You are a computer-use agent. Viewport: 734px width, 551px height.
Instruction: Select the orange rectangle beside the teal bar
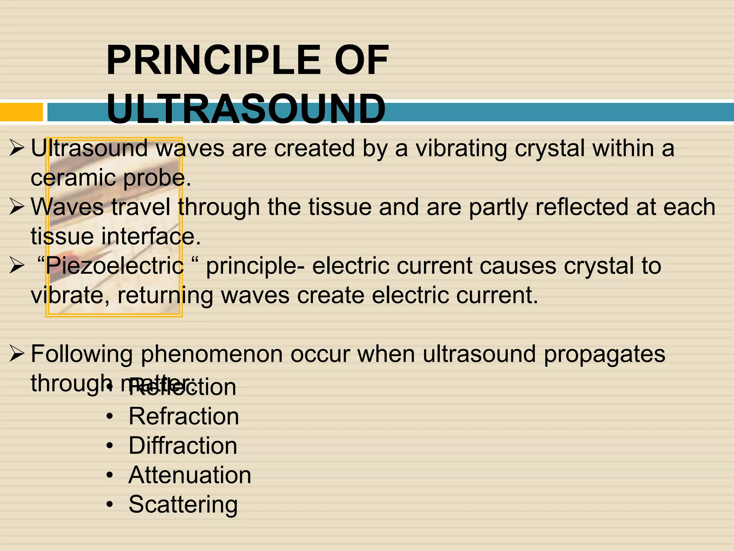pos(21,112)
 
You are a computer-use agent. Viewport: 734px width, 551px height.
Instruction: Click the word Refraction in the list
pos(183,416)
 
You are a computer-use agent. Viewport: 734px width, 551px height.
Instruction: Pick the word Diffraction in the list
pos(183,446)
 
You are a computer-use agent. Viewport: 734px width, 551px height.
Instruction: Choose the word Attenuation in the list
pos(190,475)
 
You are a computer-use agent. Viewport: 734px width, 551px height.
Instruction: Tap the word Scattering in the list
pos(183,504)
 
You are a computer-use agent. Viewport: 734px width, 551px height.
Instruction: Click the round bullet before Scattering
pos(110,504)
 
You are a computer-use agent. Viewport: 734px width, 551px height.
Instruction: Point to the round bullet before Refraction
pos(110,416)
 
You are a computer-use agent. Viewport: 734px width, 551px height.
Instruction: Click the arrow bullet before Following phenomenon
pos(17,354)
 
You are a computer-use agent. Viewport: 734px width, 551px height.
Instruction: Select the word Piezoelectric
pos(115,266)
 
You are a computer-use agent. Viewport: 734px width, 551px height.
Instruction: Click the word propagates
pos(604,354)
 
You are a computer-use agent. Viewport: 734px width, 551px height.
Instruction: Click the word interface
pos(148,237)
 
